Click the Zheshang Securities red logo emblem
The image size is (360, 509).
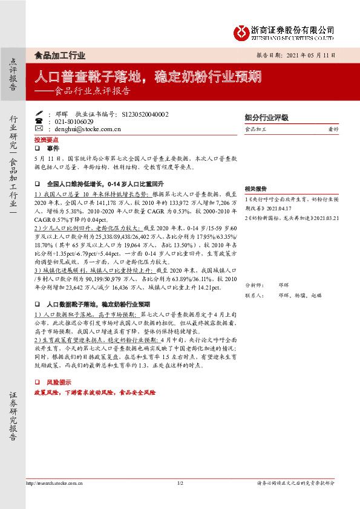tap(243, 30)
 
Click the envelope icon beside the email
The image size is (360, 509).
tap(39, 128)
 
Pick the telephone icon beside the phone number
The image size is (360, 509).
tap(39, 121)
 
